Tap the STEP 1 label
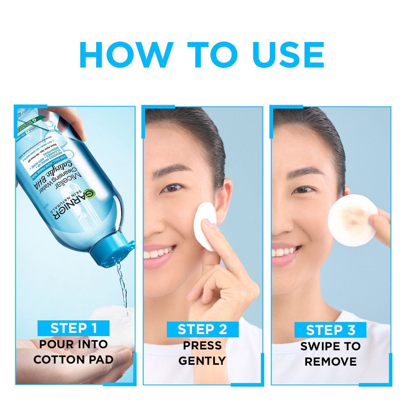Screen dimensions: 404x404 point(74,328)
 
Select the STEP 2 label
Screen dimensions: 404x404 point(202,329)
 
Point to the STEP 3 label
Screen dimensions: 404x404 point(330,330)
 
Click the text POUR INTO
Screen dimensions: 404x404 point(74,345)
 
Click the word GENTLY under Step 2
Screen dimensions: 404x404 point(202,361)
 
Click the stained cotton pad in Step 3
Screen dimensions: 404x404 point(352,218)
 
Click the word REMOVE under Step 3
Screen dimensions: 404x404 point(330,362)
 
